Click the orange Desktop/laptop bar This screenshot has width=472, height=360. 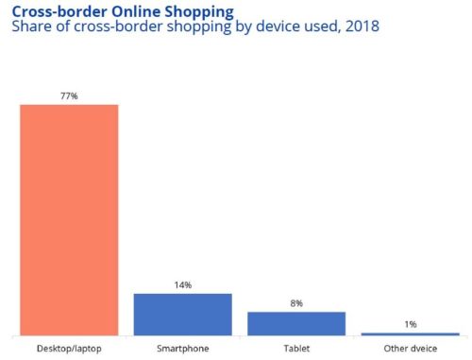pos(69,219)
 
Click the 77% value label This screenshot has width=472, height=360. pos(69,95)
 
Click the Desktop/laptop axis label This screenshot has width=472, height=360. pos(69,348)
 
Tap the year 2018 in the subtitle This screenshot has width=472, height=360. pos(361,27)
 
